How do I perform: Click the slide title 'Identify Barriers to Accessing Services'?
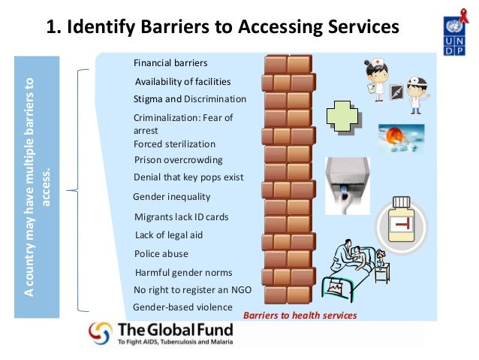tap(222, 28)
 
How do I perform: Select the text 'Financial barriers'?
tap(170, 62)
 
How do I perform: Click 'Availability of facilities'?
tap(182, 81)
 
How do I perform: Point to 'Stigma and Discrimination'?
tap(189, 98)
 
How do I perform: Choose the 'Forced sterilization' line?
tap(174, 144)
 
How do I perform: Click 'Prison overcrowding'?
tap(178, 160)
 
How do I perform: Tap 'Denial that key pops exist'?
tap(188, 178)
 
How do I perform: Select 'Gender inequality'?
tap(171, 197)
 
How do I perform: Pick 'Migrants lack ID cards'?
tap(180, 216)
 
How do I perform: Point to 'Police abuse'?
tap(161, 254)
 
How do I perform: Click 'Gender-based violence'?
tap(182, 307)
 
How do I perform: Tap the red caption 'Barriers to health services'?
tap(300, 315)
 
